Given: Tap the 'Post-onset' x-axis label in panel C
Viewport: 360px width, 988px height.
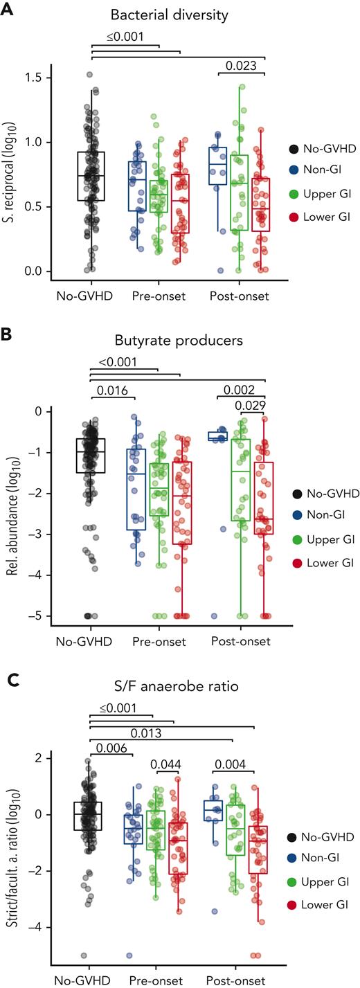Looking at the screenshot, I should coord(236,980).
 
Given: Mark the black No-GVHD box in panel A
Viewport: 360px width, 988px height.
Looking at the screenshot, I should coord(91,176).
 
